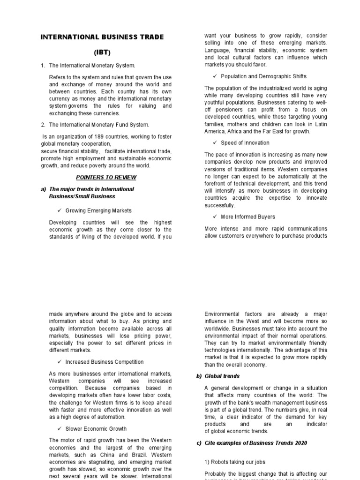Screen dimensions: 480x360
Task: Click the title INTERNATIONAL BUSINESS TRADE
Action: pos(102,37)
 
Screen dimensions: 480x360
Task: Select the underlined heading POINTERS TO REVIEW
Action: pos(106,177)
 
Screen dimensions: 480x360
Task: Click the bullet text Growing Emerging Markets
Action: pos(98,210)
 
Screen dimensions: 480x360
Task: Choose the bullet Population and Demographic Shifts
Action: pos(264,76)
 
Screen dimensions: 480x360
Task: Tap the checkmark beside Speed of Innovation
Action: pos(215,143)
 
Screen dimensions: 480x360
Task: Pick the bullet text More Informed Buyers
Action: pos(248,217)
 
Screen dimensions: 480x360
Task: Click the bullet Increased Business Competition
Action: pos(105,362)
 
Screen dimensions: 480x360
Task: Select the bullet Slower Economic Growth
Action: pos(96,428)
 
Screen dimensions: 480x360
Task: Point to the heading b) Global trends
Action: pos(218,376)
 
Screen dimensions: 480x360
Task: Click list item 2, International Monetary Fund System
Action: pos(98,125)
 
